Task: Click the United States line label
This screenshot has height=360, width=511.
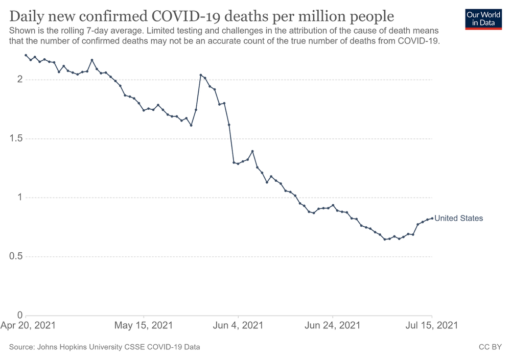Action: click(x=458, y=218)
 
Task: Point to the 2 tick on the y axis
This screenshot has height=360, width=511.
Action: click(x=19, y=80)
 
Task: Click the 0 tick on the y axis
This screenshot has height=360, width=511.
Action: click(x=19, y=315)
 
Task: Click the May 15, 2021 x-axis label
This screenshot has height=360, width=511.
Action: click(x=144, y=325)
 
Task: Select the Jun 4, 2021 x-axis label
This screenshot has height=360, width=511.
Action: click(x=238, y=325)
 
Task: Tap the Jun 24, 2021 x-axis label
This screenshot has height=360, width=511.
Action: click(x=333, y=325)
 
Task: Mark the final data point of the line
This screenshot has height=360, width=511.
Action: click(x=432, y=218)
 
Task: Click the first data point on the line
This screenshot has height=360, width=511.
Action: click(x=26, y=55)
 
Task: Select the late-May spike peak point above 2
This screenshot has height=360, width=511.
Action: click(x=200, y=75)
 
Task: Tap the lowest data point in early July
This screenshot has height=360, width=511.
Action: click(x=385, y=239)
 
